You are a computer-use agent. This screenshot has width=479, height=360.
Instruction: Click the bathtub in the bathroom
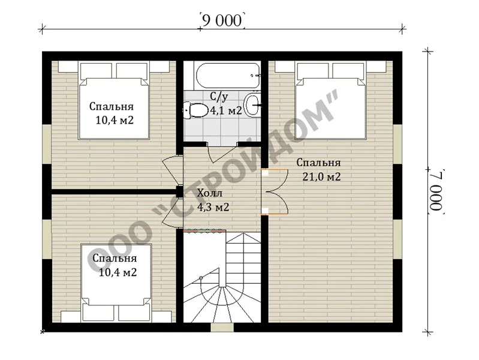(x=228, y=75)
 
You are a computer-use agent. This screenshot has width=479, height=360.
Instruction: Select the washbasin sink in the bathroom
(x=253, y=105)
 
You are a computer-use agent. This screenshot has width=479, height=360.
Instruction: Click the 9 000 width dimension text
(x=222, y=20)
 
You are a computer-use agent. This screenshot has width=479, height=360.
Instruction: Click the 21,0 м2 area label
(x=321, y=177)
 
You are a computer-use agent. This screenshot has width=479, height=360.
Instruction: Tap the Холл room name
(x=210, y=193)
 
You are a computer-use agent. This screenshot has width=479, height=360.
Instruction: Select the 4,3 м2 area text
(x=213, y=208)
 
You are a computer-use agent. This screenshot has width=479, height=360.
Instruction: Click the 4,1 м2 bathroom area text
(x=226, y=110)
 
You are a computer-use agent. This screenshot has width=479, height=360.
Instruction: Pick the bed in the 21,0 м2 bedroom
(x=331, y=100)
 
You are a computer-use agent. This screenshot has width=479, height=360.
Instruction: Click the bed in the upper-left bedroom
(x=115, y=100)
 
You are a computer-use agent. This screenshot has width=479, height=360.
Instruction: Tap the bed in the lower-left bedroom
(x=116, y=283)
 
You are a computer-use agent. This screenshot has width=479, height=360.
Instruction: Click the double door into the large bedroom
(x=275, y=192)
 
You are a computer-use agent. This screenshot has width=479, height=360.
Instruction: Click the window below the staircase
(x=222, y=327)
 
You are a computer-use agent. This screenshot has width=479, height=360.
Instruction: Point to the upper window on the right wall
(x=397, y=144)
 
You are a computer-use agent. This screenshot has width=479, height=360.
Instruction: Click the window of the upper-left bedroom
(x=47, y=144)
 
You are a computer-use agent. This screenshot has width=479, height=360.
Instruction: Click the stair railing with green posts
(x=204, y=230)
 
